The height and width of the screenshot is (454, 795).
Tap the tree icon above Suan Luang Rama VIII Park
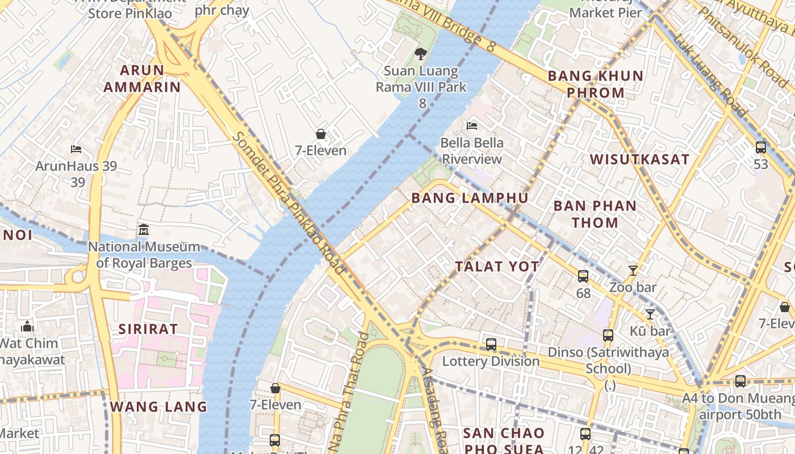(x=420, y=54)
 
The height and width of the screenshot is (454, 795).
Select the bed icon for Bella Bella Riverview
(x=472, y=125)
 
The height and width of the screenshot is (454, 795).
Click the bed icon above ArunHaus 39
(x=76, y=149)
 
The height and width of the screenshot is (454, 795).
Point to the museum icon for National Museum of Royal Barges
(x=144, y=230)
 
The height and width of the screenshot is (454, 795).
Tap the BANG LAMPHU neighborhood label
(x=470, y=198)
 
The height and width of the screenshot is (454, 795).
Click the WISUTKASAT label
(x=639, y=159)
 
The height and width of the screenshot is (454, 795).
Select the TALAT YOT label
(x=497, y=266)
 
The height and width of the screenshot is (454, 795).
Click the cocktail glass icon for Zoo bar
(x=633, y=270)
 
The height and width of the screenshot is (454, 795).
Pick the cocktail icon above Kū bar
(x=650, y=314)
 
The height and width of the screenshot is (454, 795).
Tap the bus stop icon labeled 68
(x=583, y=276)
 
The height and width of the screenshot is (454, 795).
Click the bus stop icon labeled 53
(x=760, y=148)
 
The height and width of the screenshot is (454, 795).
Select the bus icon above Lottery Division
(x=491, y=344)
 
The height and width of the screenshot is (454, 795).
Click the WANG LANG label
(x=158, y=407)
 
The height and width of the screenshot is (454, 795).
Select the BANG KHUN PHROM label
(x=595, y=84)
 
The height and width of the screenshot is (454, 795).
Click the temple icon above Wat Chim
(x=27, y=326)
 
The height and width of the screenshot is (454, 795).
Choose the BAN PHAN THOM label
(x=595, y=214)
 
